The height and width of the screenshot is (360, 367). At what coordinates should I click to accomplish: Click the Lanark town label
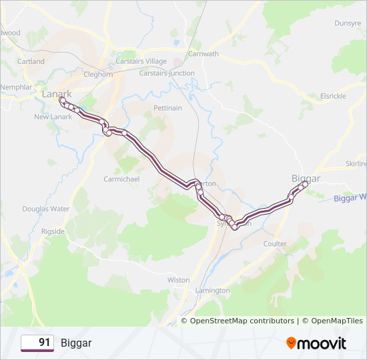56,94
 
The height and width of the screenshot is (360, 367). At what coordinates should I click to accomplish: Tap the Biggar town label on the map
306,179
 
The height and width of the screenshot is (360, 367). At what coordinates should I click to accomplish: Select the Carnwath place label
203,54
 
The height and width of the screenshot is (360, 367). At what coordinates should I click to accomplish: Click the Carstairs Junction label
167,73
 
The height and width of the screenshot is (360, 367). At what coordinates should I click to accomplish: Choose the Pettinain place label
167,107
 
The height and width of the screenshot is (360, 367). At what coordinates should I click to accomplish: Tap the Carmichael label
121,179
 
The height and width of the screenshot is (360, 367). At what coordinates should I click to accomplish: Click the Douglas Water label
45,209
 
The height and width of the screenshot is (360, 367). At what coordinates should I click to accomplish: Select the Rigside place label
53,231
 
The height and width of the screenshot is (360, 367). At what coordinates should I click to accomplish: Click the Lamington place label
213,291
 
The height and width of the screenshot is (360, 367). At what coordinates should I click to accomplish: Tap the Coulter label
275,244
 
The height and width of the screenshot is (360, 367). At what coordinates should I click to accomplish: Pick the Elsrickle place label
333,96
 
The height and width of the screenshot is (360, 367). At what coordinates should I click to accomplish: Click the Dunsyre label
348,23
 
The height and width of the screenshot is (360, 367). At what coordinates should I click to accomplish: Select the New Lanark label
53,117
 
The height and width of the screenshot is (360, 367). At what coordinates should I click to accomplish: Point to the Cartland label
31,61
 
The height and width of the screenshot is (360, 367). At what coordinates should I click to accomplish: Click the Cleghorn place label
98,75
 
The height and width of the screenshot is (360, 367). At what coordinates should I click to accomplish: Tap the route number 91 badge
37,343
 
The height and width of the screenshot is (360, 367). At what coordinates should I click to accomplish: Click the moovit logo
316,343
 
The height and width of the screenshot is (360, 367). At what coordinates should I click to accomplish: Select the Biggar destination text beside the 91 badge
76,343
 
